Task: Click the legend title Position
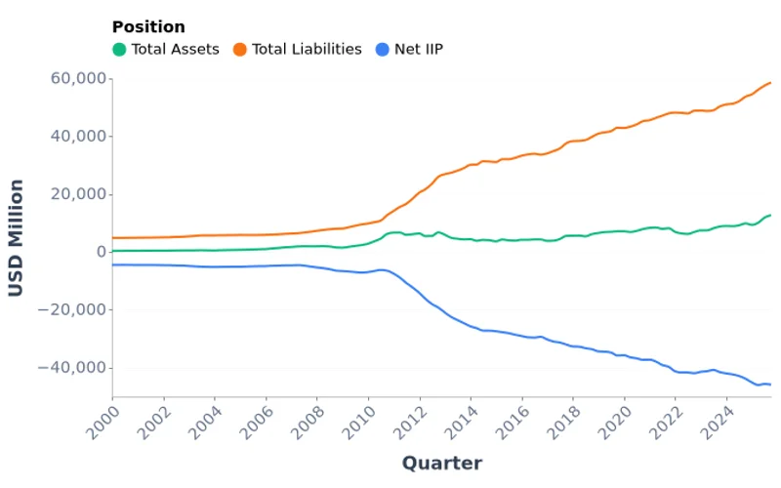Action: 148,27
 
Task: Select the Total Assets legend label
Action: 176,49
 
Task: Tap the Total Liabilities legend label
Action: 307,49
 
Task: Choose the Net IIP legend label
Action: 420,49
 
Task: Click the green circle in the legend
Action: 119,49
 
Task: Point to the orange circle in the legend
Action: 239,49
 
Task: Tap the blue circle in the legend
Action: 384,49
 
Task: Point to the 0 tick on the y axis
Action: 100,252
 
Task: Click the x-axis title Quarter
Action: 441,463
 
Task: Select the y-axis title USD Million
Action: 17,237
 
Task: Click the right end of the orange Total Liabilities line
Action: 770,82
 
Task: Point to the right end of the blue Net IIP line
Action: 770,385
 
